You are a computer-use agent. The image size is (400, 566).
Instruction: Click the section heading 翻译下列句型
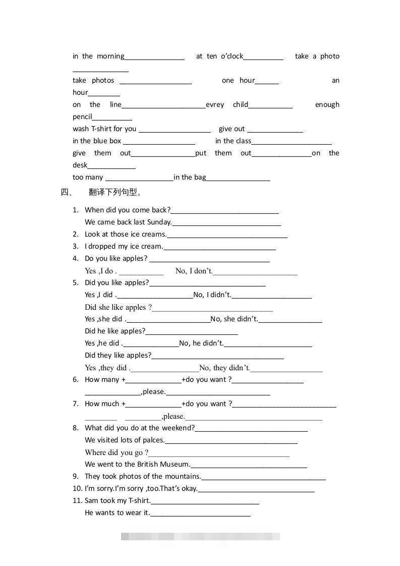115,192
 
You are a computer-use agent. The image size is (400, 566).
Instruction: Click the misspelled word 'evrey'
215,105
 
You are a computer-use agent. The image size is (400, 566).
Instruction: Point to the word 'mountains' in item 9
182,476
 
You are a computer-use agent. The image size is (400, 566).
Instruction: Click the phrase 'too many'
88,178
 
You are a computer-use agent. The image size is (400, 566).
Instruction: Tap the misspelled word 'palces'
153,440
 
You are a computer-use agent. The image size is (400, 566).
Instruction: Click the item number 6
76,379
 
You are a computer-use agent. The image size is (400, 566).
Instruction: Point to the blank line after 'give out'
275,130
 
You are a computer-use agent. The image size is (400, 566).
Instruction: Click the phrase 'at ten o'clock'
220,56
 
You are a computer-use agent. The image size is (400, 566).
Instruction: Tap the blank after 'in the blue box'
159,142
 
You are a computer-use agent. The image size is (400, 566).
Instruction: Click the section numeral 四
66,192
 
